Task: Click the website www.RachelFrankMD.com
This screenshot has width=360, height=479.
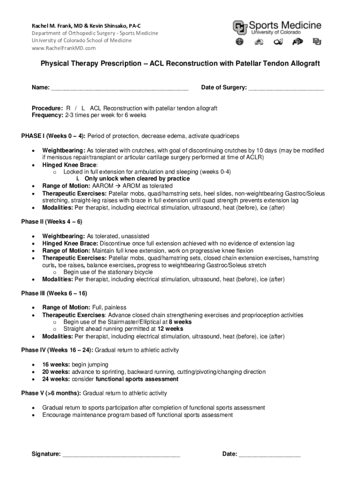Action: pyautogui.click(x=64, y=48)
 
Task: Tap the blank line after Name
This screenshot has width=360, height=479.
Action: pyautogui.click(x=119, y=88)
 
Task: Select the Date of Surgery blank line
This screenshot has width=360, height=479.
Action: pyautogui.click(x=286, y=88)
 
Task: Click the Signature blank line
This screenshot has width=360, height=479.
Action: pyautogui.click(x=121, y=454)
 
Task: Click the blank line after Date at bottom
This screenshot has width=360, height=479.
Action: pyautogui.click(x=269, y=454)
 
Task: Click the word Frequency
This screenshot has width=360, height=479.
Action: pyautogui.click(x=47, y=115)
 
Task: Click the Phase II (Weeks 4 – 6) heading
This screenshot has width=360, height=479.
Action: pyautogui.click(x=51, y=222)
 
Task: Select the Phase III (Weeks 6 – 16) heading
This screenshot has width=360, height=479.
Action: pyautogui.click(x=54, y=293)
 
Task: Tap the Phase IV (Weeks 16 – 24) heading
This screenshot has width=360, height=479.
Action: pyautogui.click(x=57, y=350)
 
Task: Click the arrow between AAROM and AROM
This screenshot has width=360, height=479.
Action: pyautogui.click(x=118, y=186)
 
